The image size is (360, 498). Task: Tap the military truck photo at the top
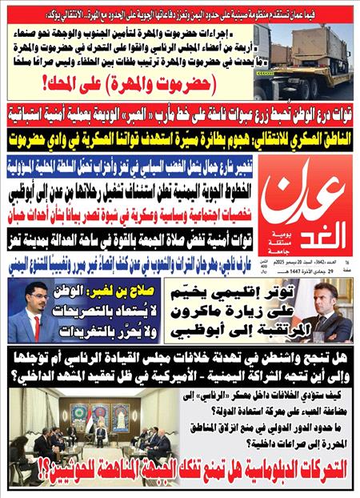pyautogui.click(x=303, y=61)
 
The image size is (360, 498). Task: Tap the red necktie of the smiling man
pyautogui.click(x=35, y=325)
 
